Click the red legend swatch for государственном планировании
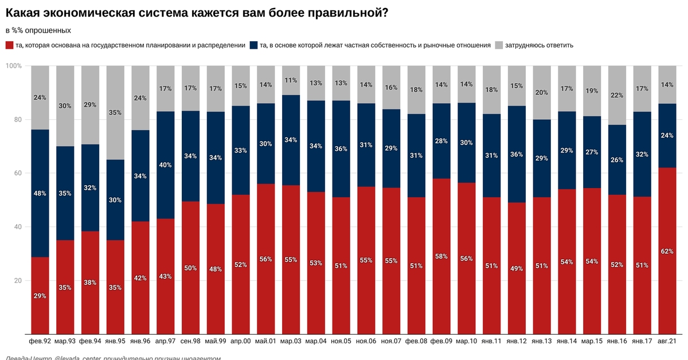pyautogui.click(x=9, y=45)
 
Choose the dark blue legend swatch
pyautogui.click(x=253, y=45)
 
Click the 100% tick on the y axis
pyautogui.click(x=14, y=66)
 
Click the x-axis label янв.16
pyautogui.click(x=617, y=341)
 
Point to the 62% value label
pyautogui.click(x=667, y=251)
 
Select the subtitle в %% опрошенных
pyautogui.click(x=38, y=30)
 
